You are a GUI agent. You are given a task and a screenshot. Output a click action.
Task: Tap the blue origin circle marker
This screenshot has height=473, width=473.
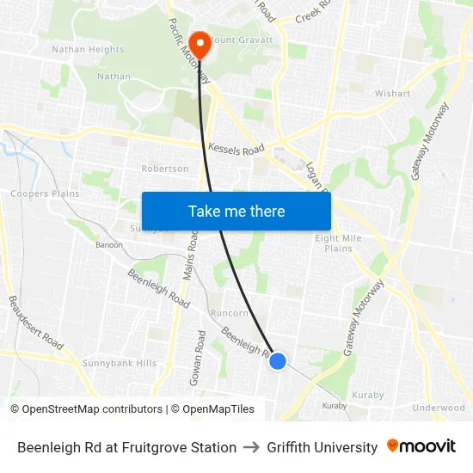pyautogui.click(x=278, y=361)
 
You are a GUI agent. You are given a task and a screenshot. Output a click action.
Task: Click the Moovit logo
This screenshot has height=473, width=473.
pyautogui.click(x=421, y=446)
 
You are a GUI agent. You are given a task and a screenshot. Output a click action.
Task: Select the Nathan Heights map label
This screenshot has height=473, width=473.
pyautogui.click(x=88, y=49)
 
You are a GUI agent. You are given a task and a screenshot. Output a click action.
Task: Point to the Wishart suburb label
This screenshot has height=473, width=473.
pyautogui.click(x=392, y=93)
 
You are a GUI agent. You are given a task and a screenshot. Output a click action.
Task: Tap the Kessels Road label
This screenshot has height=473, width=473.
pyautogui.click(x=236, y=149)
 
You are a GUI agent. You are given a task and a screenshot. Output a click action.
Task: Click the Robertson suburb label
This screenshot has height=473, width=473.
pyautogui.click(x=164, y=169)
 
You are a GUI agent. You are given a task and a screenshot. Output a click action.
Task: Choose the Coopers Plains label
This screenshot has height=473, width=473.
pyautogui.click(x=45, y=193)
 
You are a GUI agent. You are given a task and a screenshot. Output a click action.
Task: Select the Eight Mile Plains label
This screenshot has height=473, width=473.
pyautogui.click(x=338, y=243)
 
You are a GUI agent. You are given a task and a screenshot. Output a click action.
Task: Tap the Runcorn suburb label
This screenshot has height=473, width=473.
pyautogui.click(x=229, y=314)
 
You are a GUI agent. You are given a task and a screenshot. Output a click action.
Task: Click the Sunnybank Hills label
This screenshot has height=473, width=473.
pyautogui.click(x=120, y=363)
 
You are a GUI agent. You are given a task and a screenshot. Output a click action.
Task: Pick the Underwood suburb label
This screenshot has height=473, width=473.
pyautogui.click(x=439, y=408)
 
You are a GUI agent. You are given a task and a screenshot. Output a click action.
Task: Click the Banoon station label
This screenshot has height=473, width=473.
pyautogui.click(x=109, y=244)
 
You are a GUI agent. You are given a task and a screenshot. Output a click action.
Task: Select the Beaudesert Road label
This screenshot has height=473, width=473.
pyautogui.click(x=35, y=322)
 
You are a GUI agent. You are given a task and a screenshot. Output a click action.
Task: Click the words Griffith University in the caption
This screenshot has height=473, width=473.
pyautogui.click(x=322, y=447)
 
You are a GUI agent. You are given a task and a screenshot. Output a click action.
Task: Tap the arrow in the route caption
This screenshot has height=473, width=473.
pyautogui.click(x=251, y=447)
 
